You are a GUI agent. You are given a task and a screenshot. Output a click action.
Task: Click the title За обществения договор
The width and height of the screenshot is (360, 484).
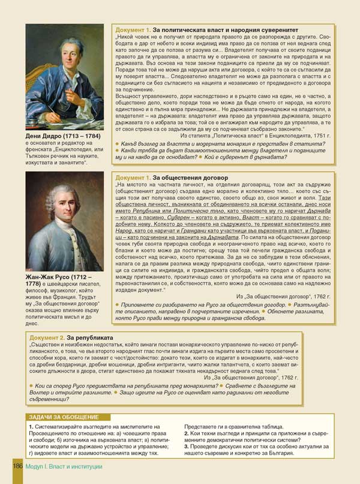coord(190,178)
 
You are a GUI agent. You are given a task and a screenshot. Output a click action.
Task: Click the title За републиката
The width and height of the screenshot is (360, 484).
coord(91,338)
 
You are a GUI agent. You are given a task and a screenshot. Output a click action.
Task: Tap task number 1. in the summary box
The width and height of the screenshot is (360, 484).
coord(31,426)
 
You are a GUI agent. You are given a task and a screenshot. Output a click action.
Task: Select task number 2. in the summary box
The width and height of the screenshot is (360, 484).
coord(187,433)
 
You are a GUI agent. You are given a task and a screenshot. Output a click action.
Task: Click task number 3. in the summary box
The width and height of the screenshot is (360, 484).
coord(187,447)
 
